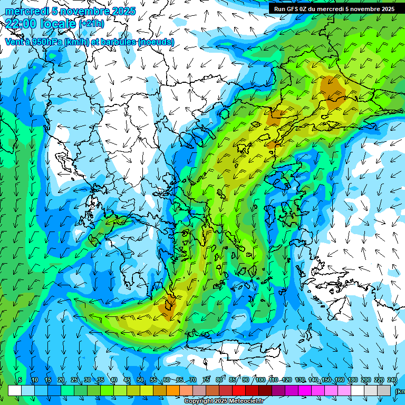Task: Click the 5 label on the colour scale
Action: (20, 380)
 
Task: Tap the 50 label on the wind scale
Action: (140, 380)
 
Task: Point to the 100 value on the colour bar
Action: (260, 380)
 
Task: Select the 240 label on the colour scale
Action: (392, 380)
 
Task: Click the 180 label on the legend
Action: (353, 380)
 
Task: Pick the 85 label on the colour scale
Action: (233, 380)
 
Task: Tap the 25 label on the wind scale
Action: (74, 380)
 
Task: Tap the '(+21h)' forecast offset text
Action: (91, 24)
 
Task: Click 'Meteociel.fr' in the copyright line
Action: (245, 401)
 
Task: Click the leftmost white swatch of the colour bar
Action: (14, 390)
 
